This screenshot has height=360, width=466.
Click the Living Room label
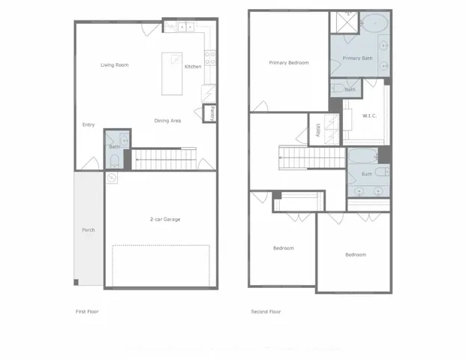[x=115, y=65]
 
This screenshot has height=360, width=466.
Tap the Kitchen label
[x=193, y=67]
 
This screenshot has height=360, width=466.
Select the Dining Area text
[x=167, y=121]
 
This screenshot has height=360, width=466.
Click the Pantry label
[x=212, y=114]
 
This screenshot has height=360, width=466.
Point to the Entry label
[x=89, y=125]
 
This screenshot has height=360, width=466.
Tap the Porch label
[x=88, y=229]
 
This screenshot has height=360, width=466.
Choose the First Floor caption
[x=87, y=311]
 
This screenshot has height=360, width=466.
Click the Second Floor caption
[x=266, y=311]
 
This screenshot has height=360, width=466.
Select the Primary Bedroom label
[x=289, y=63]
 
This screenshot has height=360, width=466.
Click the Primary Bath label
[x=357, y=58]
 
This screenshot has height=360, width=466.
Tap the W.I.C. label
[x=369, y=115]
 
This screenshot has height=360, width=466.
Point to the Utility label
[x=318, y=131]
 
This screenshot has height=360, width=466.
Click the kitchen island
[x=173, y=73]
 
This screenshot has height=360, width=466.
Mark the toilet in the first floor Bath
[x=113, y=159]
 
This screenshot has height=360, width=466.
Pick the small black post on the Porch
[x=76, y=282]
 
